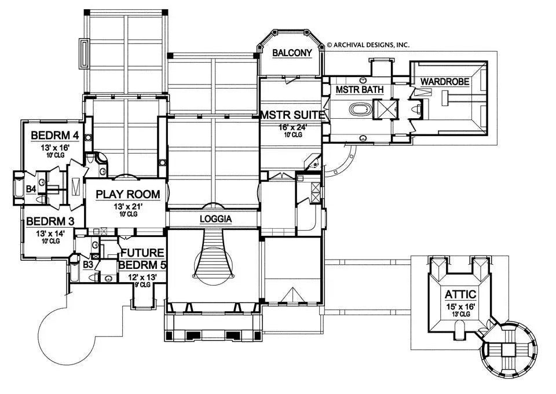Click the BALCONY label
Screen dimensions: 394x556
(292, 53)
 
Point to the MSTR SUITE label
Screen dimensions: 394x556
(292, 115)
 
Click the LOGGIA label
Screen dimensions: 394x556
(215, 219)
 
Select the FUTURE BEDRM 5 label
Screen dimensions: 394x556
(142, 259)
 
